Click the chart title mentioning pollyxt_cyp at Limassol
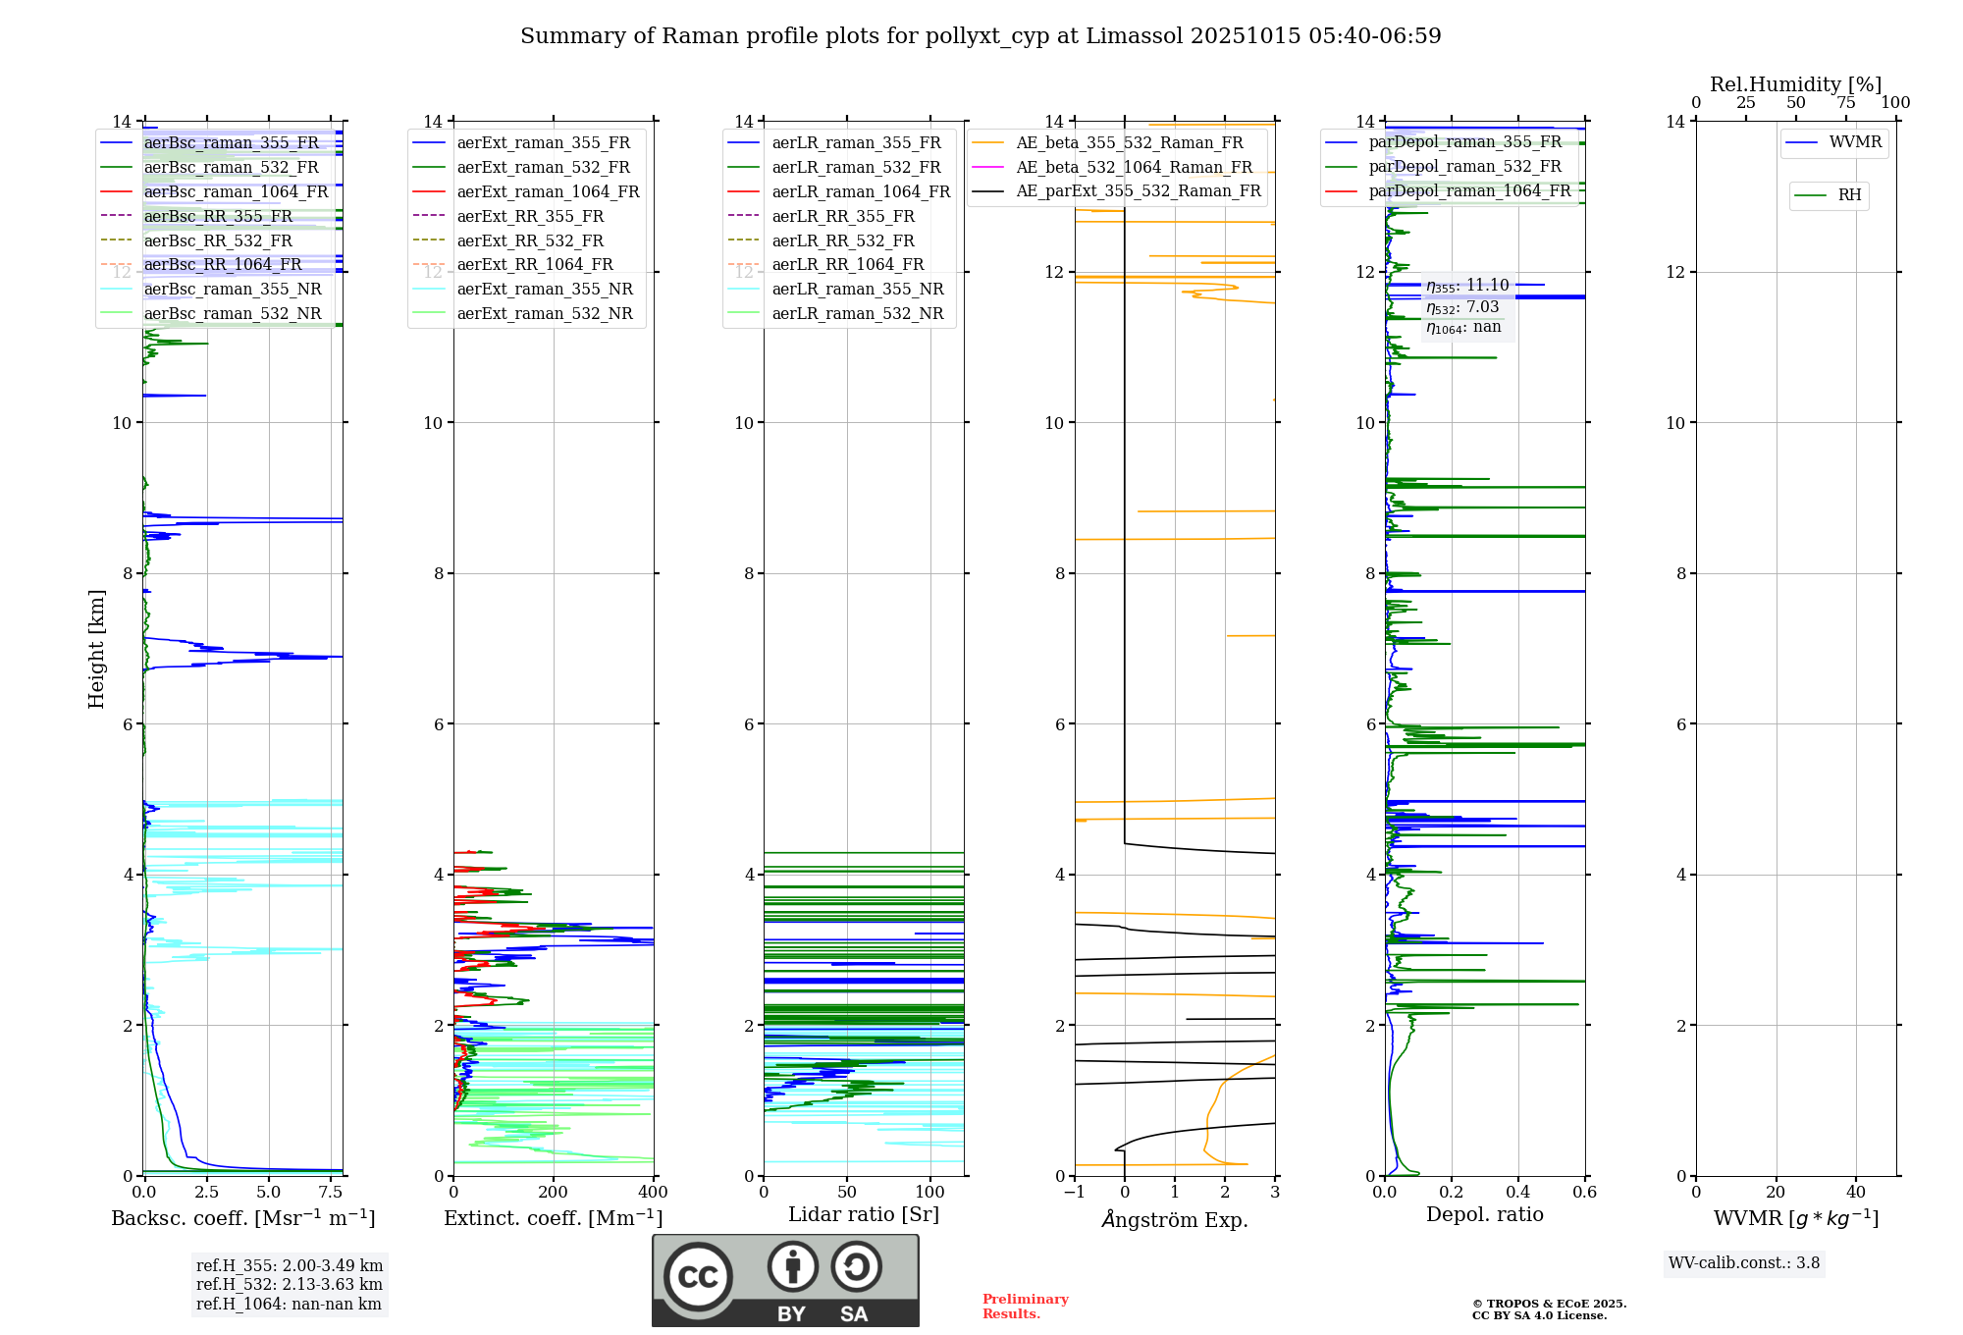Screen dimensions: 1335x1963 click(x=981, y=36)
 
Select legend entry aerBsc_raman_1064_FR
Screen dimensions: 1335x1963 click(x=236, y=191)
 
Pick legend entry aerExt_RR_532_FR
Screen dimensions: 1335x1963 click(x=530, y=240)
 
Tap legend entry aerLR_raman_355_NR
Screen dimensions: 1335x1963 click(x=857, y=289)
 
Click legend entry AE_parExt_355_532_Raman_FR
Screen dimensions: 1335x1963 click(x=1138, y=190)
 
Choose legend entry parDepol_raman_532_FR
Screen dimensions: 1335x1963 click(x=1464, y=167)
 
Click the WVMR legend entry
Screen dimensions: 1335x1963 click(x=1855, y=142)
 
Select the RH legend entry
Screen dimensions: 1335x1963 click(x=1849, y=195)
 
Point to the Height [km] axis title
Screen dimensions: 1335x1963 click(x=96, y=648)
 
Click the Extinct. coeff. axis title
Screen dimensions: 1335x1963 click(x=554, y=1218)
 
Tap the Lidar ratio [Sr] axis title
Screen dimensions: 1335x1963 click(x=864, y=1214)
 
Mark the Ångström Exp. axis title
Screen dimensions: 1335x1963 click(x=1175, y=1219)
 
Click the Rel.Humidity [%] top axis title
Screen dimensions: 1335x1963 click(x=1795, y=84)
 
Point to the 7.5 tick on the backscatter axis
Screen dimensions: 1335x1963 click(x=331, y=1193)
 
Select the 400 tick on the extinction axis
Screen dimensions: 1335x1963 click(x=653, y=1193)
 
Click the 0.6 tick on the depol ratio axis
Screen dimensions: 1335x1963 click(x=1584, y=1193)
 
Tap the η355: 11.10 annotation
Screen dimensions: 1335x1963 click(x=1467, y=286)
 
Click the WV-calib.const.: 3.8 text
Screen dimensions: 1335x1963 click(x=1744, y=1263)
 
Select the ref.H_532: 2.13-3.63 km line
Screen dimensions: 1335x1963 click(x=290, y=1285)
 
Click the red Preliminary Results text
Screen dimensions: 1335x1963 click(x=1025, y=1307)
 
